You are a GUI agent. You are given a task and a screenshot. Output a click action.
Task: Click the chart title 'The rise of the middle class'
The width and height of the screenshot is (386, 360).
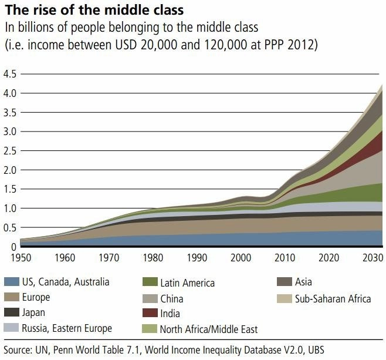(x=94, y=10)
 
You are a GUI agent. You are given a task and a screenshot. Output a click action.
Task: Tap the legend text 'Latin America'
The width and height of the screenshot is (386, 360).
(x=187, y=283)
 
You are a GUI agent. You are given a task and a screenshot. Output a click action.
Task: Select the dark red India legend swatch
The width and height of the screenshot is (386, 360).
(x=148, y=313)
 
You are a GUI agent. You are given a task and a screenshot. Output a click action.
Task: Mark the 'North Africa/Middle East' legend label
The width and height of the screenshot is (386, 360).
(x=208, y=329)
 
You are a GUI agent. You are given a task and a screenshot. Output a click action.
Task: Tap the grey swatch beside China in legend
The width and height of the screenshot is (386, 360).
(x=148, y=298)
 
